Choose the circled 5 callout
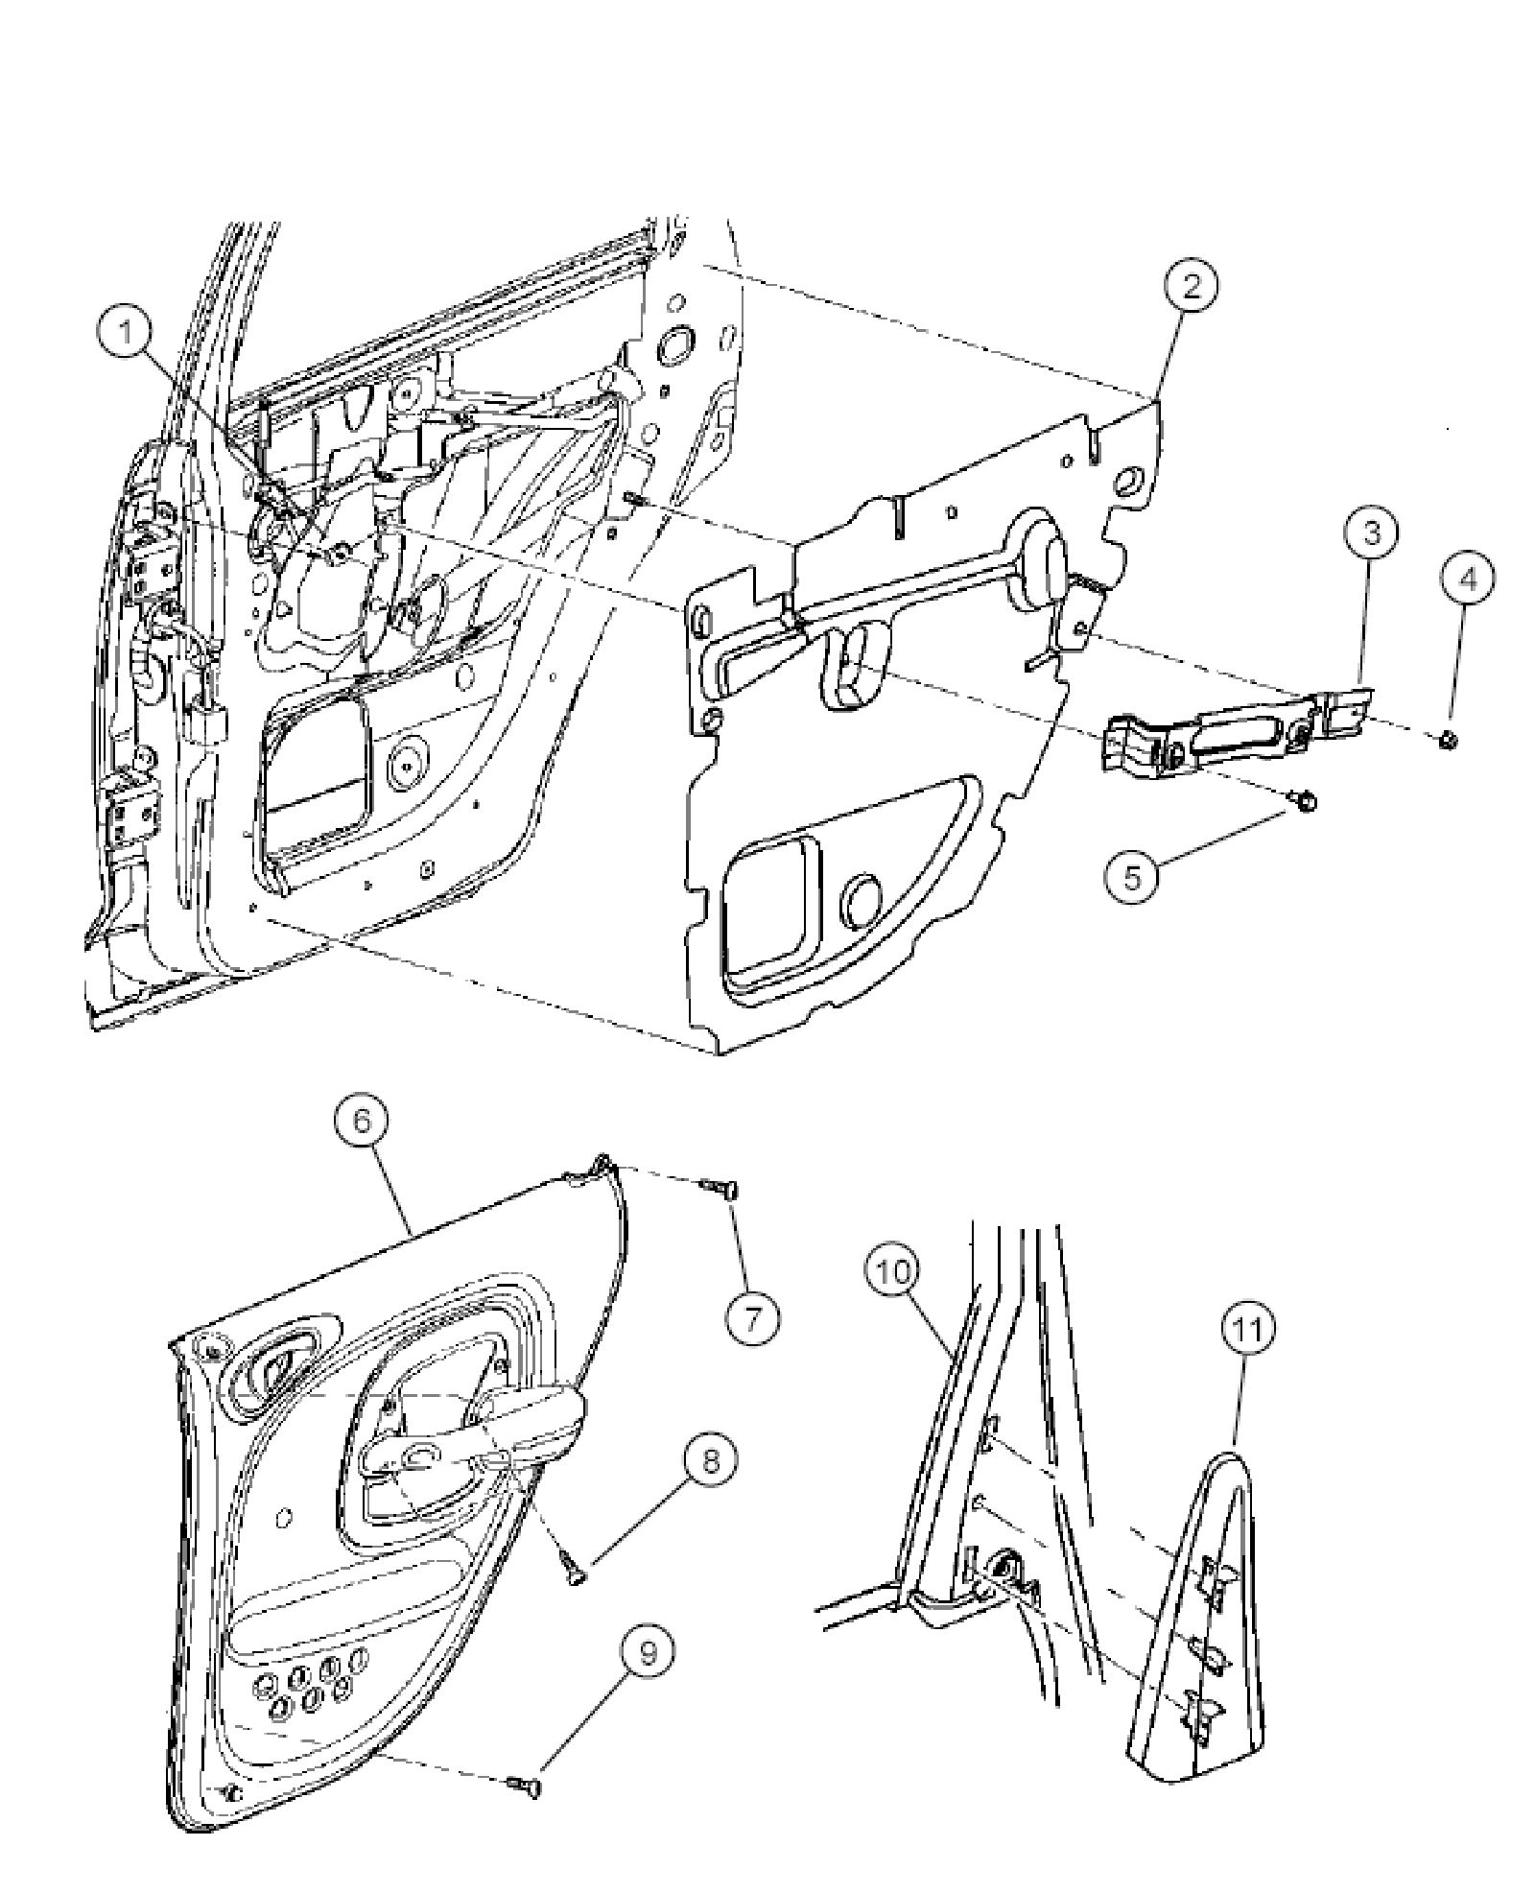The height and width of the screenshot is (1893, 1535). click(1131, 878)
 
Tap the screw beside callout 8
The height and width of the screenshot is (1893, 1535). click(573, 1571)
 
